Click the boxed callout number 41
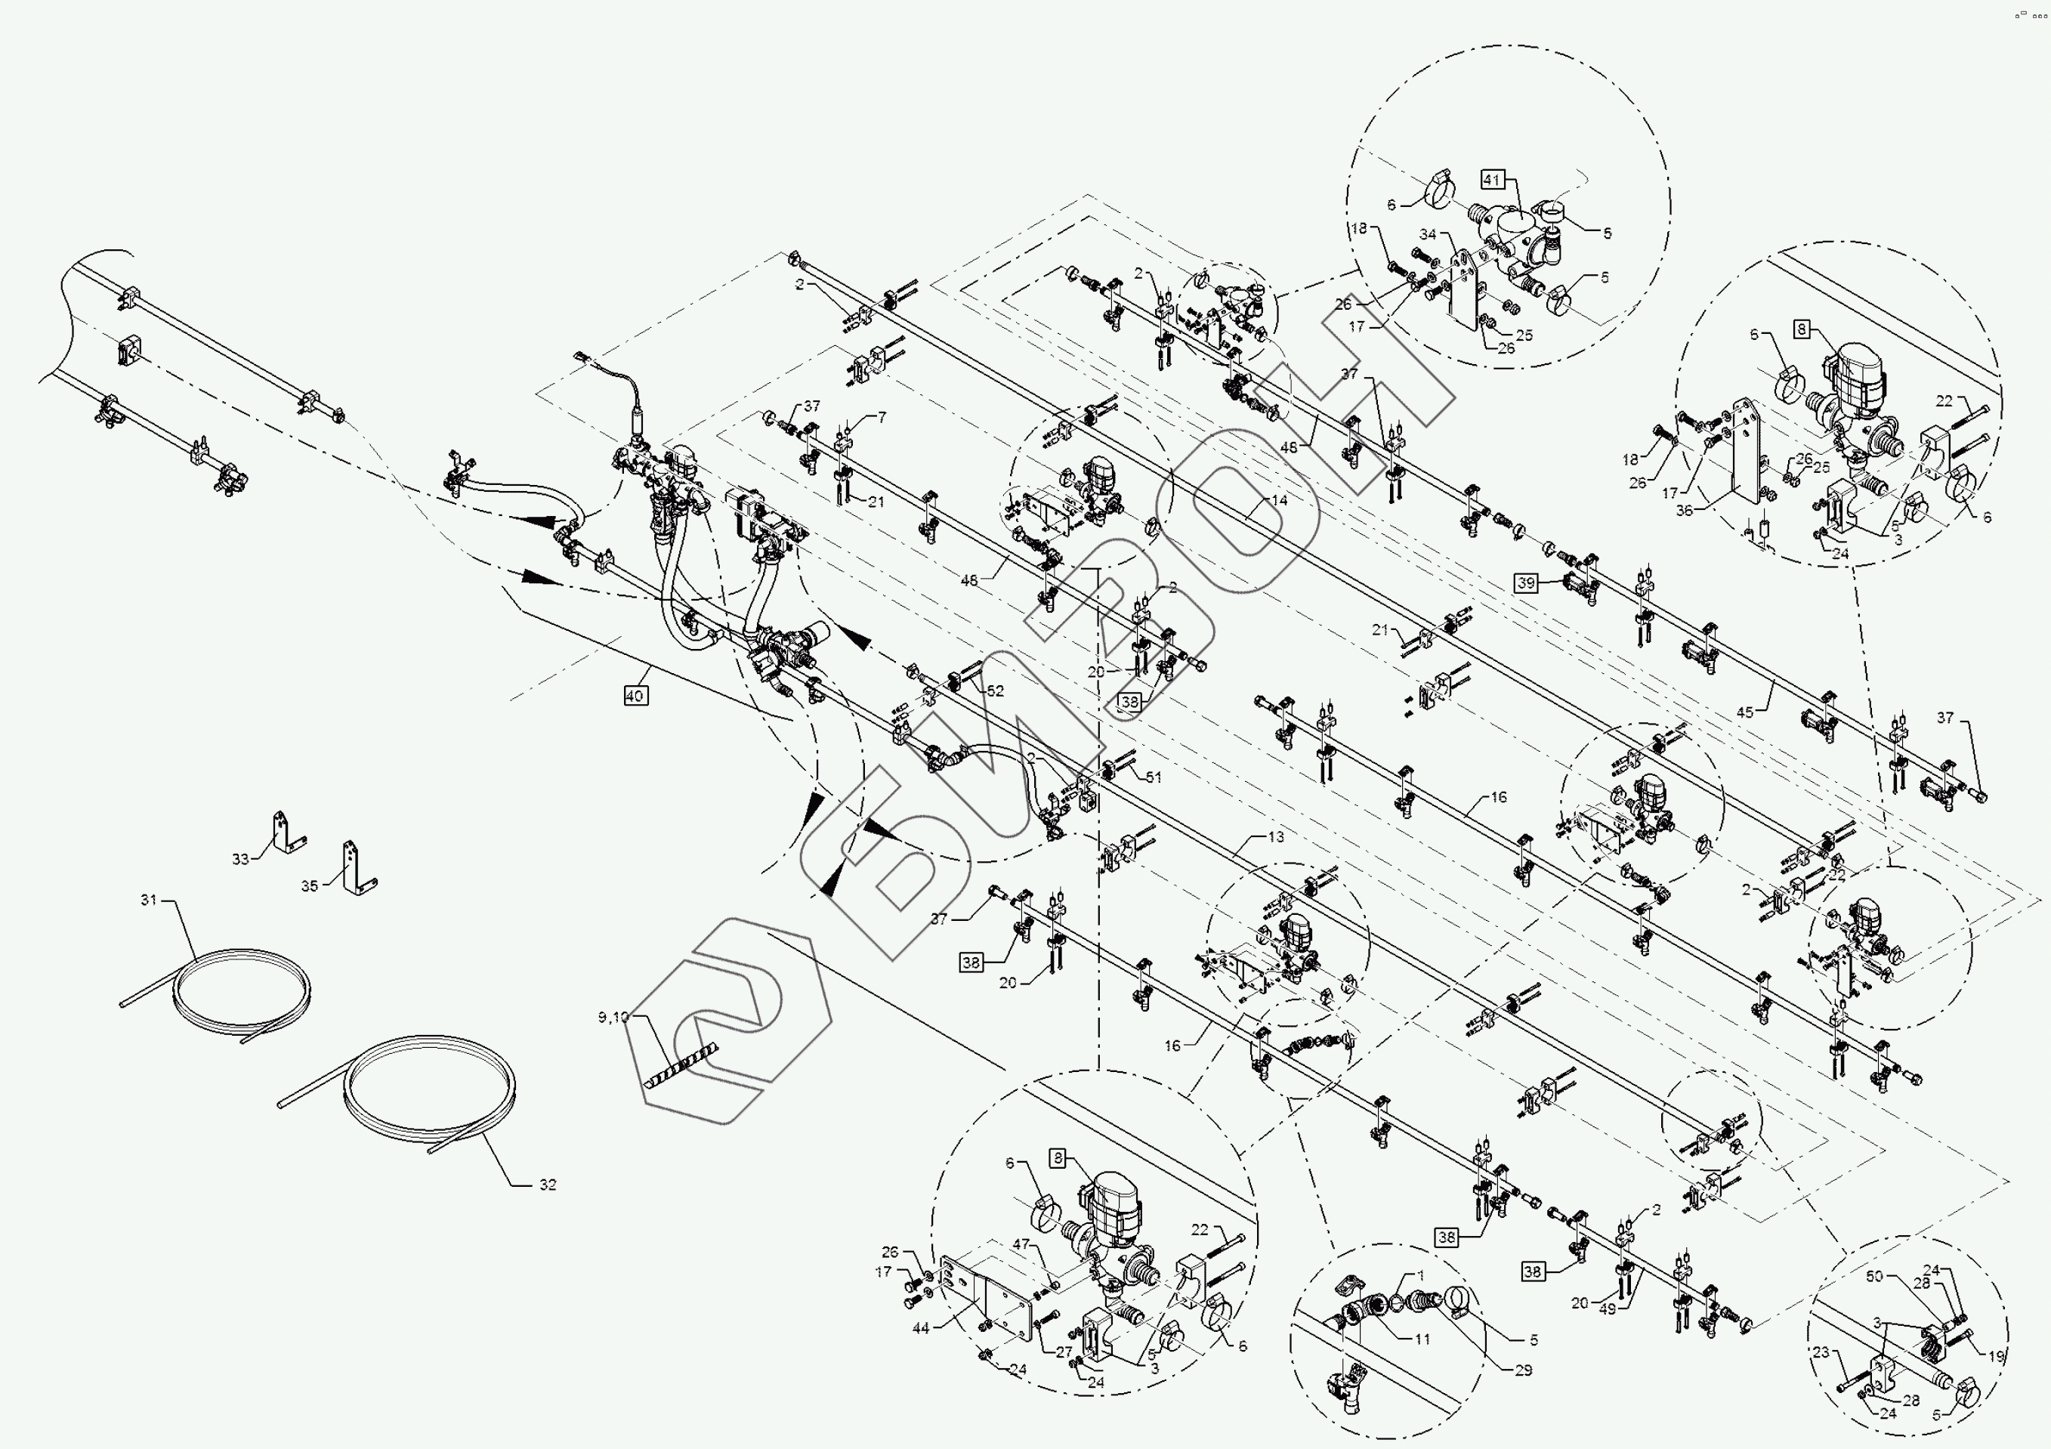click(1492, 180)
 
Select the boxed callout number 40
click(635, 695)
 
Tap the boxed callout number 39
click(1526, 583)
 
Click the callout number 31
click(148, 900)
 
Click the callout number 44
click(921, 1328)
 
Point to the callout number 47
click(1021, 1244)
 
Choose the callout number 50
click(1874, 1277)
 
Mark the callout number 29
click(1524, 1370)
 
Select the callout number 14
click(1279, 500)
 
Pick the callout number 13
click(1276, 837)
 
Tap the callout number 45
click(1744, 712)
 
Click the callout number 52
click(995, 691)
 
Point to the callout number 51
click(1154, 777)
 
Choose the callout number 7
click(882, 417)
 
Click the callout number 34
click(1428, 235)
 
